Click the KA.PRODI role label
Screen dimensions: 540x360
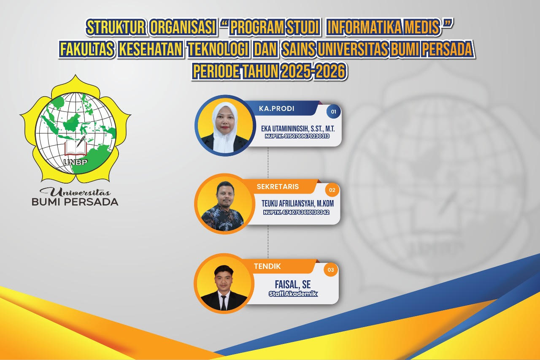coord(276,109)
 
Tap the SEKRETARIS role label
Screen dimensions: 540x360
coord(278,187)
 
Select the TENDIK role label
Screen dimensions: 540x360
coord(267,266)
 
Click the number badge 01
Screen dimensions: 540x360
coord(333,112)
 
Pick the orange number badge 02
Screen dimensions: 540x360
coord(332,190)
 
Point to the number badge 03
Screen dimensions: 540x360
coord(331,270)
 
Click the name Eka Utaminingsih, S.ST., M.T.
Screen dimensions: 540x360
coord(298,129)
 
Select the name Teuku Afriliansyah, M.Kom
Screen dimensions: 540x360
coord(298,203)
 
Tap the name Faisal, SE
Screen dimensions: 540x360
coord(293,284)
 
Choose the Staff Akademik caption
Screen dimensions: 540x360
coord(293,294)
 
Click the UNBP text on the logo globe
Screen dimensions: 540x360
coord(75,162)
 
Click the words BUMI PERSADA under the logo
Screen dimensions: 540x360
coord(75,202)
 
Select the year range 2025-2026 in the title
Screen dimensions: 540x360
coord(313,71)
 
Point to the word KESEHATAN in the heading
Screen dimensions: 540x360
coord(151,49)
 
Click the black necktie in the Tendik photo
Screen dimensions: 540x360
coord(224,303)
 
